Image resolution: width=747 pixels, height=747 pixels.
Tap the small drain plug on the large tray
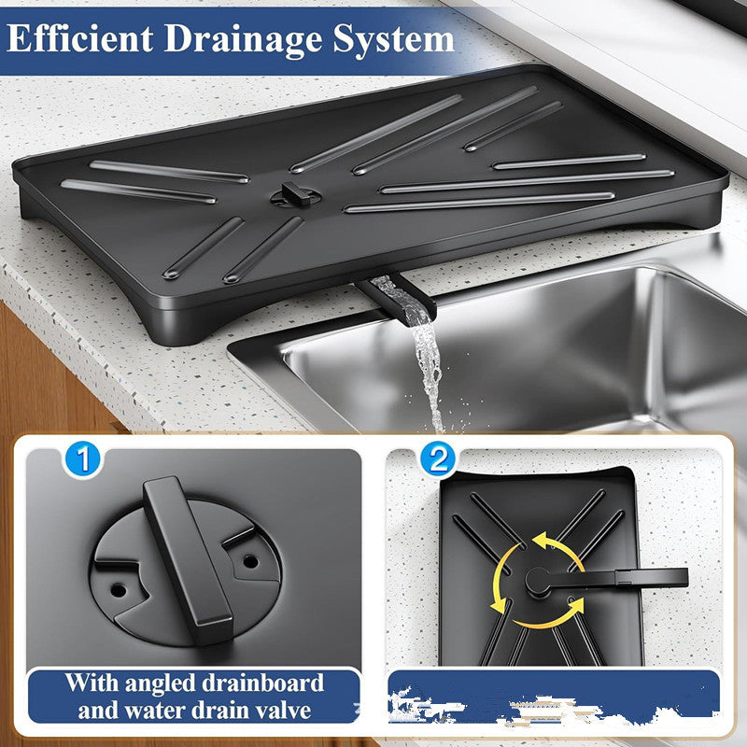pos(293,193)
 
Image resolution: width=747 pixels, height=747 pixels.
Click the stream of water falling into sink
pos(430,373)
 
